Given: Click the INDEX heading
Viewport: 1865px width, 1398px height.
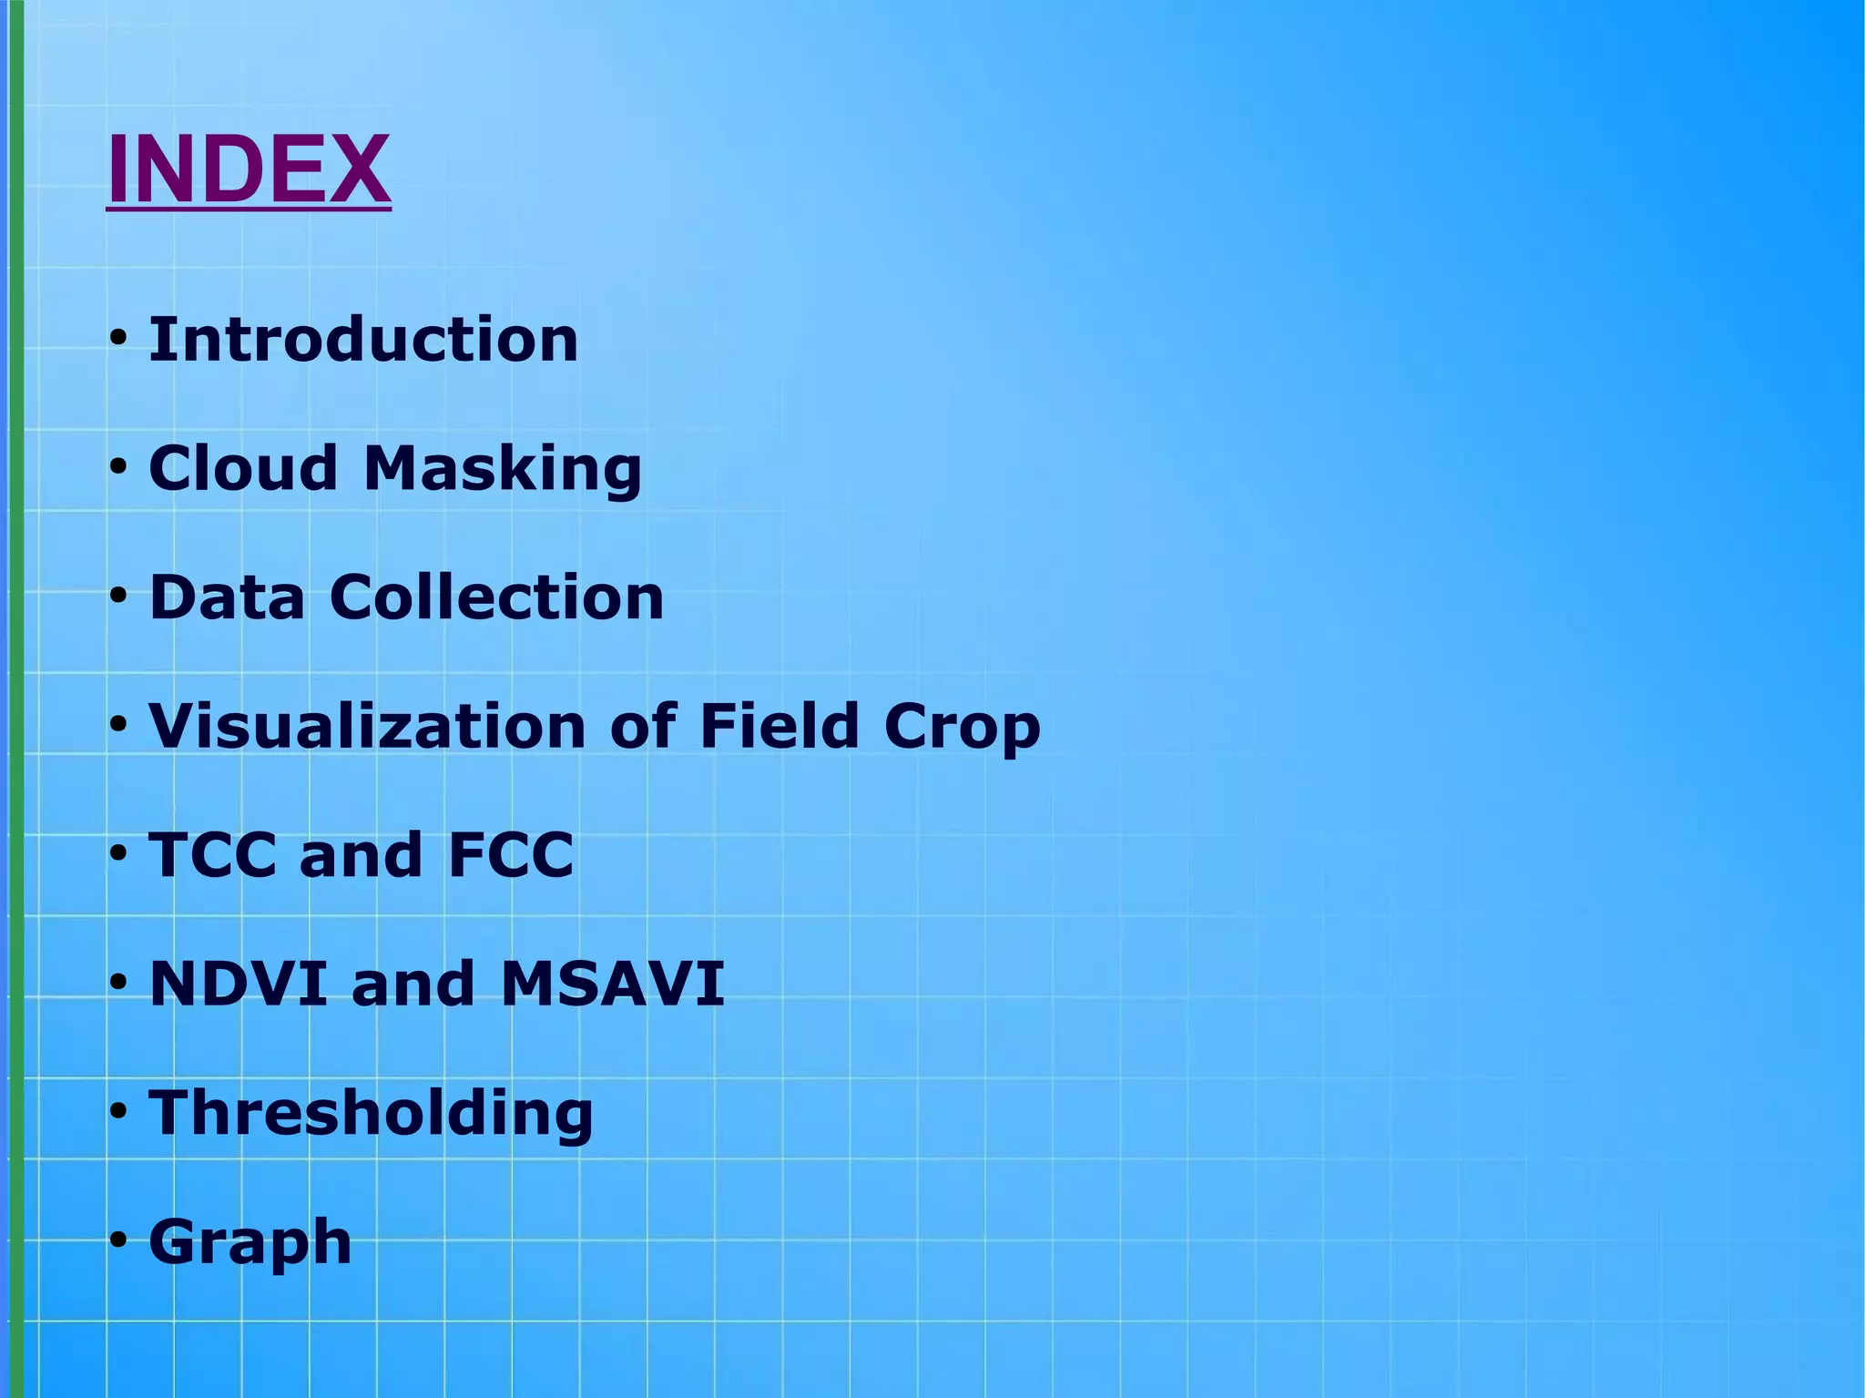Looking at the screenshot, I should pyautogui.click(x=249, y=169).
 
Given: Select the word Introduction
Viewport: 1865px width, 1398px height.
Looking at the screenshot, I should pyautogui.click(x=363, y=340).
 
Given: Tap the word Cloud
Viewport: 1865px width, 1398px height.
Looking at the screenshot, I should pyautogui.click(x=243, y=468).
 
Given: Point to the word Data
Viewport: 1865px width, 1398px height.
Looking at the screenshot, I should pyautogui.click(x=227, y=597).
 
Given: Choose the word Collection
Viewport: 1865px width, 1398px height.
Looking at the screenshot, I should pyautogui.click(x=497, y=597).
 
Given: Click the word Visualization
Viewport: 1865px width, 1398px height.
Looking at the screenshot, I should pyautogui.click(x=368, y=727).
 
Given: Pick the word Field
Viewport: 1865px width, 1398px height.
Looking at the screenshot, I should pyautogui.click(x=780, y=727).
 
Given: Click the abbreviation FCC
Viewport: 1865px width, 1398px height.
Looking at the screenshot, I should pyautogui.click(x=511, y=855).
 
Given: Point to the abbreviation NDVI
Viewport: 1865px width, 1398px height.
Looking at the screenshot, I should pyautogui.click(x=239, y=985).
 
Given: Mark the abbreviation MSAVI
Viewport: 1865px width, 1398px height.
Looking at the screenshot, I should pyautogui.click(x=612, y=985).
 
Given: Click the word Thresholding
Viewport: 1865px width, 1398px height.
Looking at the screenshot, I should pyautogui.click(x=371, y=1115).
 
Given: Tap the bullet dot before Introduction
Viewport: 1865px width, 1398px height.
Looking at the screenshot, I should pyautogui.click(x=117, y=340).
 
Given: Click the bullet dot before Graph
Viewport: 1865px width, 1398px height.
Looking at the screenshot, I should pyautogui.click(x=117, y=1241).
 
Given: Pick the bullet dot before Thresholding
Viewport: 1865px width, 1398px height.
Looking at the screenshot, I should pyautogui.click(x=117, y=1113).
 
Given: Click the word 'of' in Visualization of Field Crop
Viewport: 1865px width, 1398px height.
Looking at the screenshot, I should pyautogui.click(x=643, y=727).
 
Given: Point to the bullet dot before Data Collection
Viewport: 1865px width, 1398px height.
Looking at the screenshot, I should pyautogui.click(x=117, y=597).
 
